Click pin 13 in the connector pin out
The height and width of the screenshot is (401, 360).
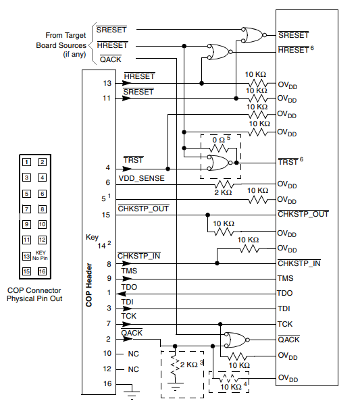tap(26, 256)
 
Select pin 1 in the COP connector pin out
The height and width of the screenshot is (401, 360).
tap(26, 161)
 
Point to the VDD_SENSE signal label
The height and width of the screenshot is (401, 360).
tap(143, 181)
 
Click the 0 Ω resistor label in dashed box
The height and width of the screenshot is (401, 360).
tap(220, 138)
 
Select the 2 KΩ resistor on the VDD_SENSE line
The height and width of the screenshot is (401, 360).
tap(224, 184)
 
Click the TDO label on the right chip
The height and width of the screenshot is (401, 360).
tap(285, 294)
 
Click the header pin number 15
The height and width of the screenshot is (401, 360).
tap(107, 215)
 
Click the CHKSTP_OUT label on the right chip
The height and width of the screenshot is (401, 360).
tap(303, 215)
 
